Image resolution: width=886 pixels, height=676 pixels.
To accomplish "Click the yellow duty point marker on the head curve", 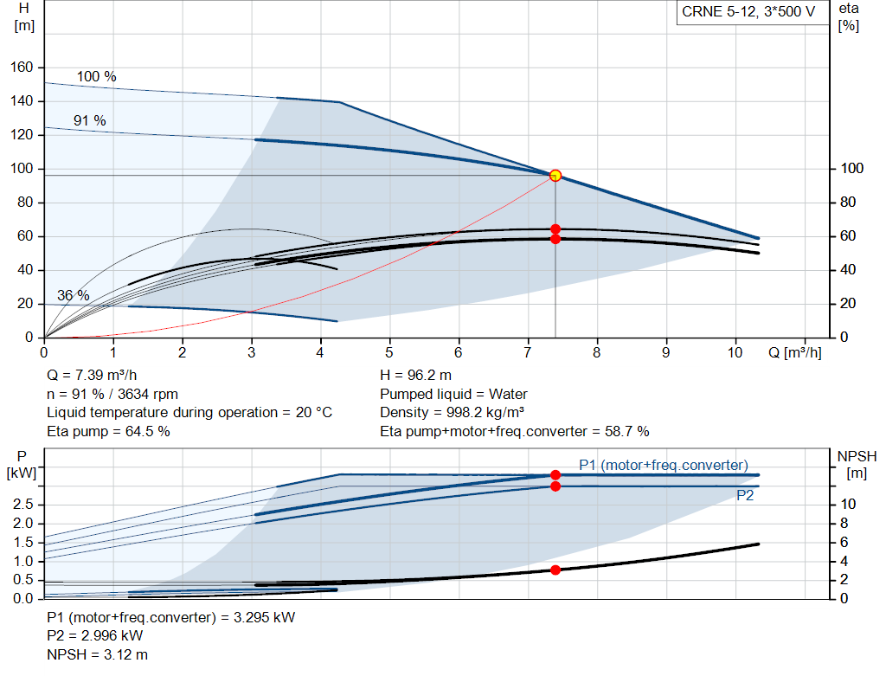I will point(555,176).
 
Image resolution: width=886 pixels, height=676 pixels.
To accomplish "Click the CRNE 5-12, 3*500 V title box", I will point(748,13).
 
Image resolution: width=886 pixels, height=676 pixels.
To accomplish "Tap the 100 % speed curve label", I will point(96,76).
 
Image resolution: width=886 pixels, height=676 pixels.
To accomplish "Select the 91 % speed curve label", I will point(89,120).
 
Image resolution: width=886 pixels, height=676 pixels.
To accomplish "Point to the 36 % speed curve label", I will point(73,295).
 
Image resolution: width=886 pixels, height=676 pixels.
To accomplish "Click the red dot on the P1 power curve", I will point(555,474).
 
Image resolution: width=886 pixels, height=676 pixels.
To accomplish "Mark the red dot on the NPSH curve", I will point(555,570).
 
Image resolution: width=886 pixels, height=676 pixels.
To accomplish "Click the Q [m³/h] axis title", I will point(793,353).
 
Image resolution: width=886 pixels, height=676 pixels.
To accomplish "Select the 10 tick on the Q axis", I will point(735,353).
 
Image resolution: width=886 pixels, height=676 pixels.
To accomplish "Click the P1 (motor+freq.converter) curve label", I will point(663,464).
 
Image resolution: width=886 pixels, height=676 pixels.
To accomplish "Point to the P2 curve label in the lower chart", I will point(745,496).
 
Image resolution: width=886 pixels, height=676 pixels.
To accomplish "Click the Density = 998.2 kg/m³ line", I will point(453,413).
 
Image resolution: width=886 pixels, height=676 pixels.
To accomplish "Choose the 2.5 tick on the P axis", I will point(24,504).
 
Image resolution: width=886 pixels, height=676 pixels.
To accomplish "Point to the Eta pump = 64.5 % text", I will point(108,431).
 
